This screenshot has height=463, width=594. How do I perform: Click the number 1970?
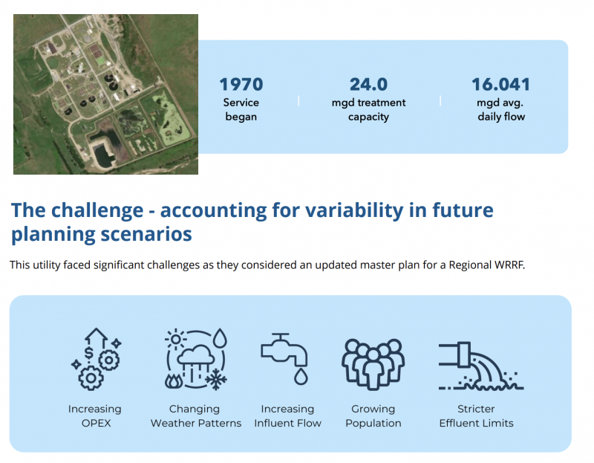click(x=241, y=84)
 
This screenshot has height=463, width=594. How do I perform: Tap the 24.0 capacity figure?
click(x=368, y=84)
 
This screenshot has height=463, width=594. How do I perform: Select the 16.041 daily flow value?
click(x=500, y=84)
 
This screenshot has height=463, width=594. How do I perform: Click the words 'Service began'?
click(x=241, y=109)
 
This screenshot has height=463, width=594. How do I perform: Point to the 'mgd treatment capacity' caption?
click(x=368, y=109)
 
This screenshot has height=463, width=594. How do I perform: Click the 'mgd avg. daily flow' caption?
click(x=500, y=109)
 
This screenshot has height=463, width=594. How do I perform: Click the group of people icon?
click(x=373, y=364)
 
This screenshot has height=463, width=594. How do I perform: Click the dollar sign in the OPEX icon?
click(x=88, y=353)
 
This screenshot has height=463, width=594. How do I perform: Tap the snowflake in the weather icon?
click(x=216, y=379)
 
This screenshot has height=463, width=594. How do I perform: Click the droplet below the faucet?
click(x=301, y=376)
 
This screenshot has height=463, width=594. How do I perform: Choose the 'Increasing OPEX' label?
click(x=95, y=416)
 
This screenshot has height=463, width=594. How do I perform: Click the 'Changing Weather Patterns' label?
click(x=195, y=416)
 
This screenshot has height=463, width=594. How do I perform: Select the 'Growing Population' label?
click(x=373, y=416)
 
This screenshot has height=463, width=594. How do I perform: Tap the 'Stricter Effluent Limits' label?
click(x=476, y=416)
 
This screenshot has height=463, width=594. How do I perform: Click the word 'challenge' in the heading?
click(x=97, y=210)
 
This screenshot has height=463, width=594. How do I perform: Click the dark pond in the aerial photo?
click(x=103, y=151)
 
